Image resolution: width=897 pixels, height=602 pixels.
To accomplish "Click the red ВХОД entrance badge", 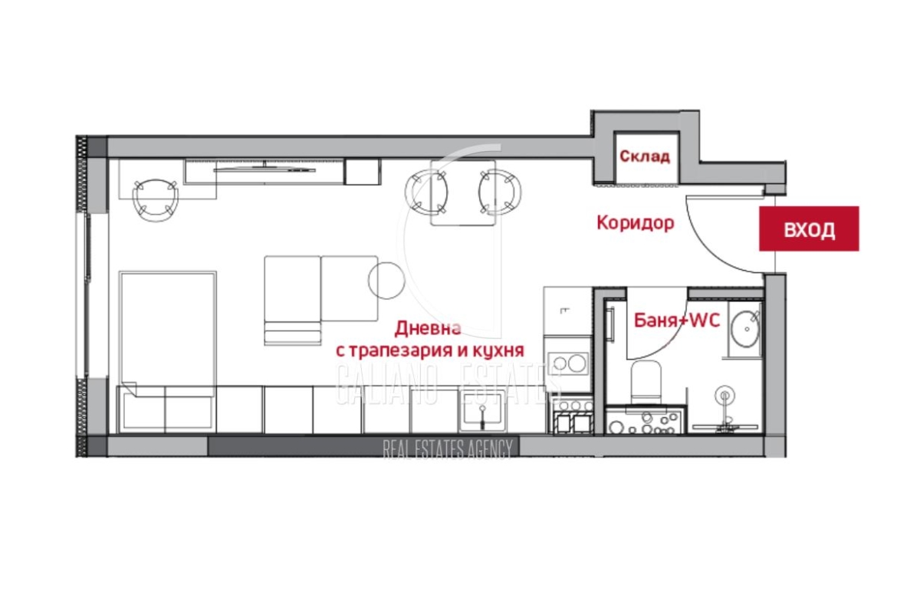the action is (809, 229).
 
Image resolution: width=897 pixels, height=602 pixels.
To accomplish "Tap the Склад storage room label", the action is (645, 156).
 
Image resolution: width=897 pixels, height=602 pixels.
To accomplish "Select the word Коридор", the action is (636, 222).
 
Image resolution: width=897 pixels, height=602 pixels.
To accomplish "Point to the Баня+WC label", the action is (677, 321).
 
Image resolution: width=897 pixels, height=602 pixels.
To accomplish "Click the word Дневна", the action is (428, 328).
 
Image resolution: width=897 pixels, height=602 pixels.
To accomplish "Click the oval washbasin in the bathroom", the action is (746, 328).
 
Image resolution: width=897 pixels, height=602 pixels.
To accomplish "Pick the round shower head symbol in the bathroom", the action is (725, 396).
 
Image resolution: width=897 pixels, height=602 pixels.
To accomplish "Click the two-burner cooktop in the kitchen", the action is (568, 364).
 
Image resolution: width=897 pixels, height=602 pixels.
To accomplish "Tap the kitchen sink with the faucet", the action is (483, 412).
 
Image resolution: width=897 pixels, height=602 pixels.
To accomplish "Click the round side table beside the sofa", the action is (386, 280).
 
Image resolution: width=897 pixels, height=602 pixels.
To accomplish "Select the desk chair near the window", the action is (155, 199).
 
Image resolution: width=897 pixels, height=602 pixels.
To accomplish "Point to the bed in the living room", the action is (167, 333).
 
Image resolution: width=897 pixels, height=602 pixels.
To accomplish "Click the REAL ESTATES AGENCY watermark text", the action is (448, 449).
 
